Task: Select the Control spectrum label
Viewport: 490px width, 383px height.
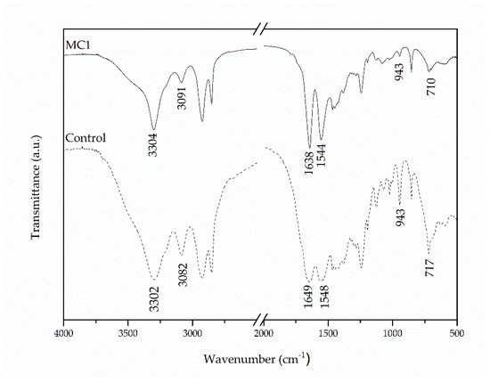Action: pyautogui.click(x=86, y=138)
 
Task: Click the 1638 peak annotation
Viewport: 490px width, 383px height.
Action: pyautogui.click(x=308, y=163)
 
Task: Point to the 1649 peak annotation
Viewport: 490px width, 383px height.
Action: pyautogui.click(x=308, y=295)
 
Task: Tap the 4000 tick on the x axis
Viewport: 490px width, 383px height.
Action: pyautogui.click(x=63, y=332)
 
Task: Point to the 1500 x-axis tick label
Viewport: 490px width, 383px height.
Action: pyautogui.click(x=327, y=332)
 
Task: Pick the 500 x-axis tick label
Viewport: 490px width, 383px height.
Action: pyautogui.click(x=456, y=332)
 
